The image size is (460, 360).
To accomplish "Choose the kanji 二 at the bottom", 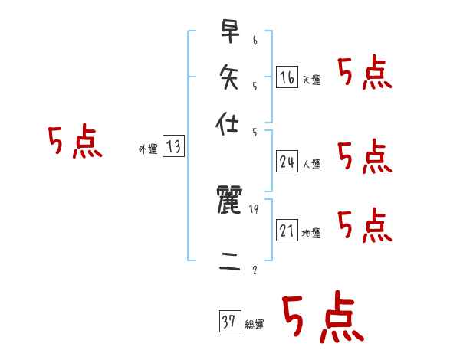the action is [x=228, y=263].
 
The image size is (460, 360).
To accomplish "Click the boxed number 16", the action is [x=287, y=77].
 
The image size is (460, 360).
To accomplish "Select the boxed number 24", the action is [x=287, y=161].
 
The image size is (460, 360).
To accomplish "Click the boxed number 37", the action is [x=229, y=322].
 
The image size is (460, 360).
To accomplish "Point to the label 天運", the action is [x=312, y=80].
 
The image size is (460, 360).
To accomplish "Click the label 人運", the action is [x=312, y=163].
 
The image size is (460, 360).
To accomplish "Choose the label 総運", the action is [x=255, y=325].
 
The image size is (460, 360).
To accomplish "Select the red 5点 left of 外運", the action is [x=75, y=143].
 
